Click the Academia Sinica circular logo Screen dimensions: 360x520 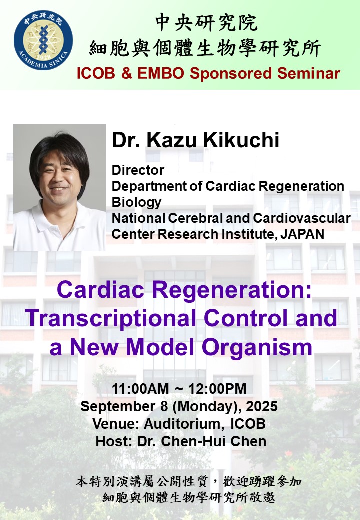click(x=43, y=40)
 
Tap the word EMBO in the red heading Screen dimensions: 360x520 click(x=160, y=73)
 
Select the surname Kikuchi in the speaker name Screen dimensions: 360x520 click(x=241, y=140)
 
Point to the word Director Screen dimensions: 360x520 click(x=138, y=170)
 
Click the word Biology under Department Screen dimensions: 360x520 click(x=136, y=202)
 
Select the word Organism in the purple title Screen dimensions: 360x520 click(x=257, y=347)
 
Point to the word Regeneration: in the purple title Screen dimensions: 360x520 click(x=232, y=290)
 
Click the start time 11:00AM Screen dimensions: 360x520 click(x=140, y=389)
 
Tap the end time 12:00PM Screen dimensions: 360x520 click(x=218, y=389)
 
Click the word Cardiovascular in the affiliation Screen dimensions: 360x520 click(x=302, y=218)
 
